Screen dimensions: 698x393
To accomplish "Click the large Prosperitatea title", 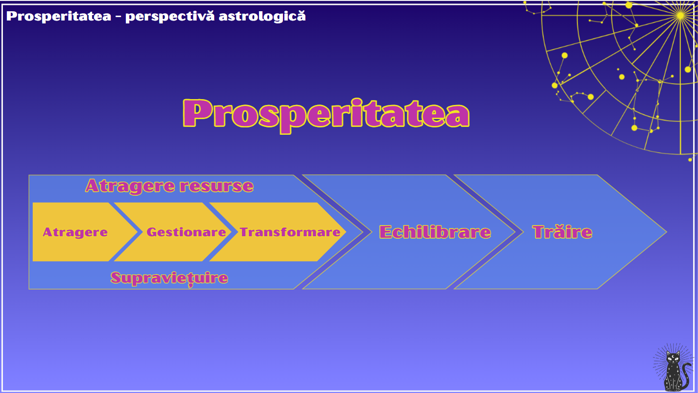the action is (x=326, y=115).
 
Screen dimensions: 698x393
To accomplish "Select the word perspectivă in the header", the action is (x=170, y=17).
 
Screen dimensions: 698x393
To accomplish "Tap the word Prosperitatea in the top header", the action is (x=59, y=16).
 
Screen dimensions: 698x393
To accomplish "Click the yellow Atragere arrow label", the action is (x=75, y=232).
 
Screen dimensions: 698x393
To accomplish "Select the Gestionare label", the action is (x=186, y=232).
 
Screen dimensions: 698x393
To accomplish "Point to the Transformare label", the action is (x=290, y=232).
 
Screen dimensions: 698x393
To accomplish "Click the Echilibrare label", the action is (x=435, y=232).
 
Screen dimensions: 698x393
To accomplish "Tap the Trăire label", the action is (x=562, y=231).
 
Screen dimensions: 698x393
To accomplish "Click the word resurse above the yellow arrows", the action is (x=217, y=186).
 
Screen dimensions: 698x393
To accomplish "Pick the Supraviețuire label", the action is (x=169, y=278).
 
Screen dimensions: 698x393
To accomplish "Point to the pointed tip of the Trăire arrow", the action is (x=666, y=232).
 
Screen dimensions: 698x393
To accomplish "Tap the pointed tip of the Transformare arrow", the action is (x=345, y=232).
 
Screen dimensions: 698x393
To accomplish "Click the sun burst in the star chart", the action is (x=680, y=15).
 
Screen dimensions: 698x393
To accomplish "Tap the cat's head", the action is (x=673, y=358).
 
